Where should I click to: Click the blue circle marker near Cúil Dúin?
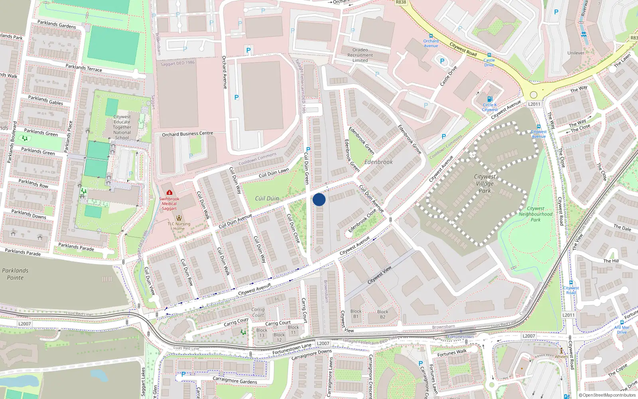[319, 199]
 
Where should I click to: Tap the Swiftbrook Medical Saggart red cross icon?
[169, 193]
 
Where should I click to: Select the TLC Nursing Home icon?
[179, 218]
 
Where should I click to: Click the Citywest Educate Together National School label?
[122, 127]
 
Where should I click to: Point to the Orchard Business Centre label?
[187, 134]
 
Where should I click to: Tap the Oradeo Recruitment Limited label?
[360, 55]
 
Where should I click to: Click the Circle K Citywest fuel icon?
[490, 99]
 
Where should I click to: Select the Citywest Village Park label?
[485, 184]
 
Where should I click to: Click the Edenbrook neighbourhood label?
[378, 162]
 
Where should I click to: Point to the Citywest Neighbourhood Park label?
[536, 214]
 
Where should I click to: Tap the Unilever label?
[576, 53]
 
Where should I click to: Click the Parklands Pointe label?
[15, 274]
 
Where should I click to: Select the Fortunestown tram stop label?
[461, 337]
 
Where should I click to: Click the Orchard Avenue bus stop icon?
[431, 36]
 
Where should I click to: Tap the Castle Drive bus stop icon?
[489, 55]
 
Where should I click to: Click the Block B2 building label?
[382, 314]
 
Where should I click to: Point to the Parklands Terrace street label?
[84, 68]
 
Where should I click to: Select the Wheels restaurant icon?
[561, 351]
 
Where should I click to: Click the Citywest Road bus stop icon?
[571, 282]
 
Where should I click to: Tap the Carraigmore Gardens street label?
[234, 380]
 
